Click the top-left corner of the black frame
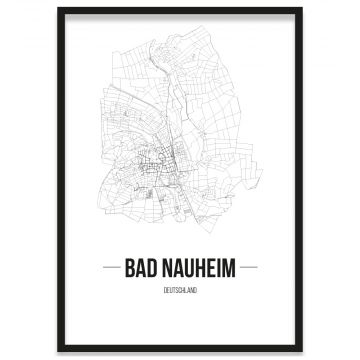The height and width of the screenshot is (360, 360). pyautogui.click(x=59, y=8)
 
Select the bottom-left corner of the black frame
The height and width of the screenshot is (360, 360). pyautogui.click(x=59, y=351)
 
